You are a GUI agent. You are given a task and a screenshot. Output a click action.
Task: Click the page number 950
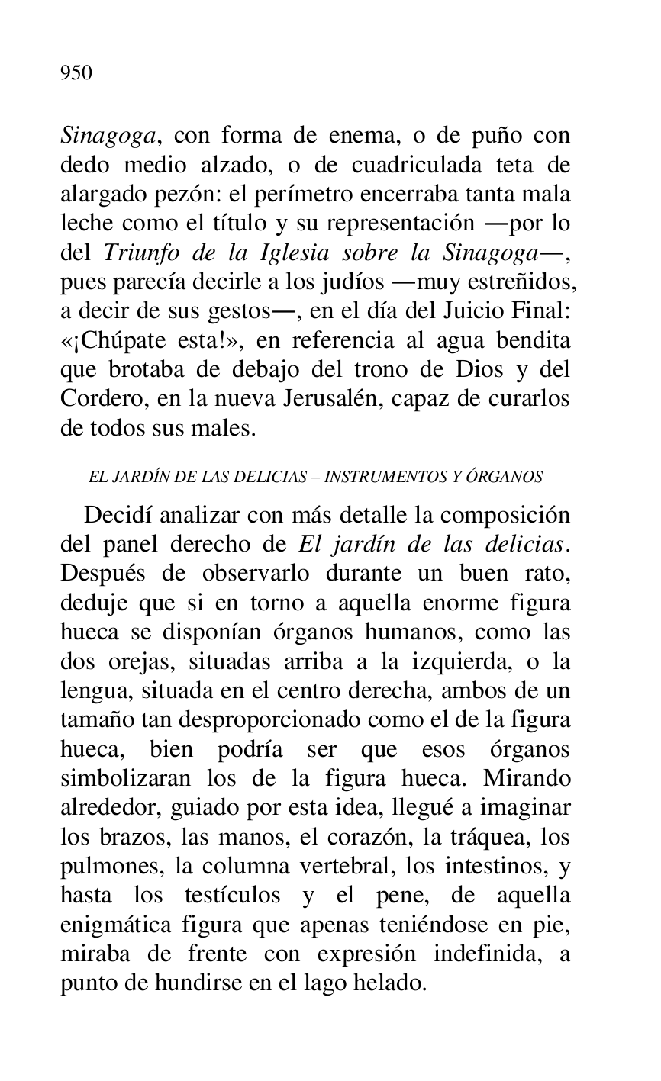76,73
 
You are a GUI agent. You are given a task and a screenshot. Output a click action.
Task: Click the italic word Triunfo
134,253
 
